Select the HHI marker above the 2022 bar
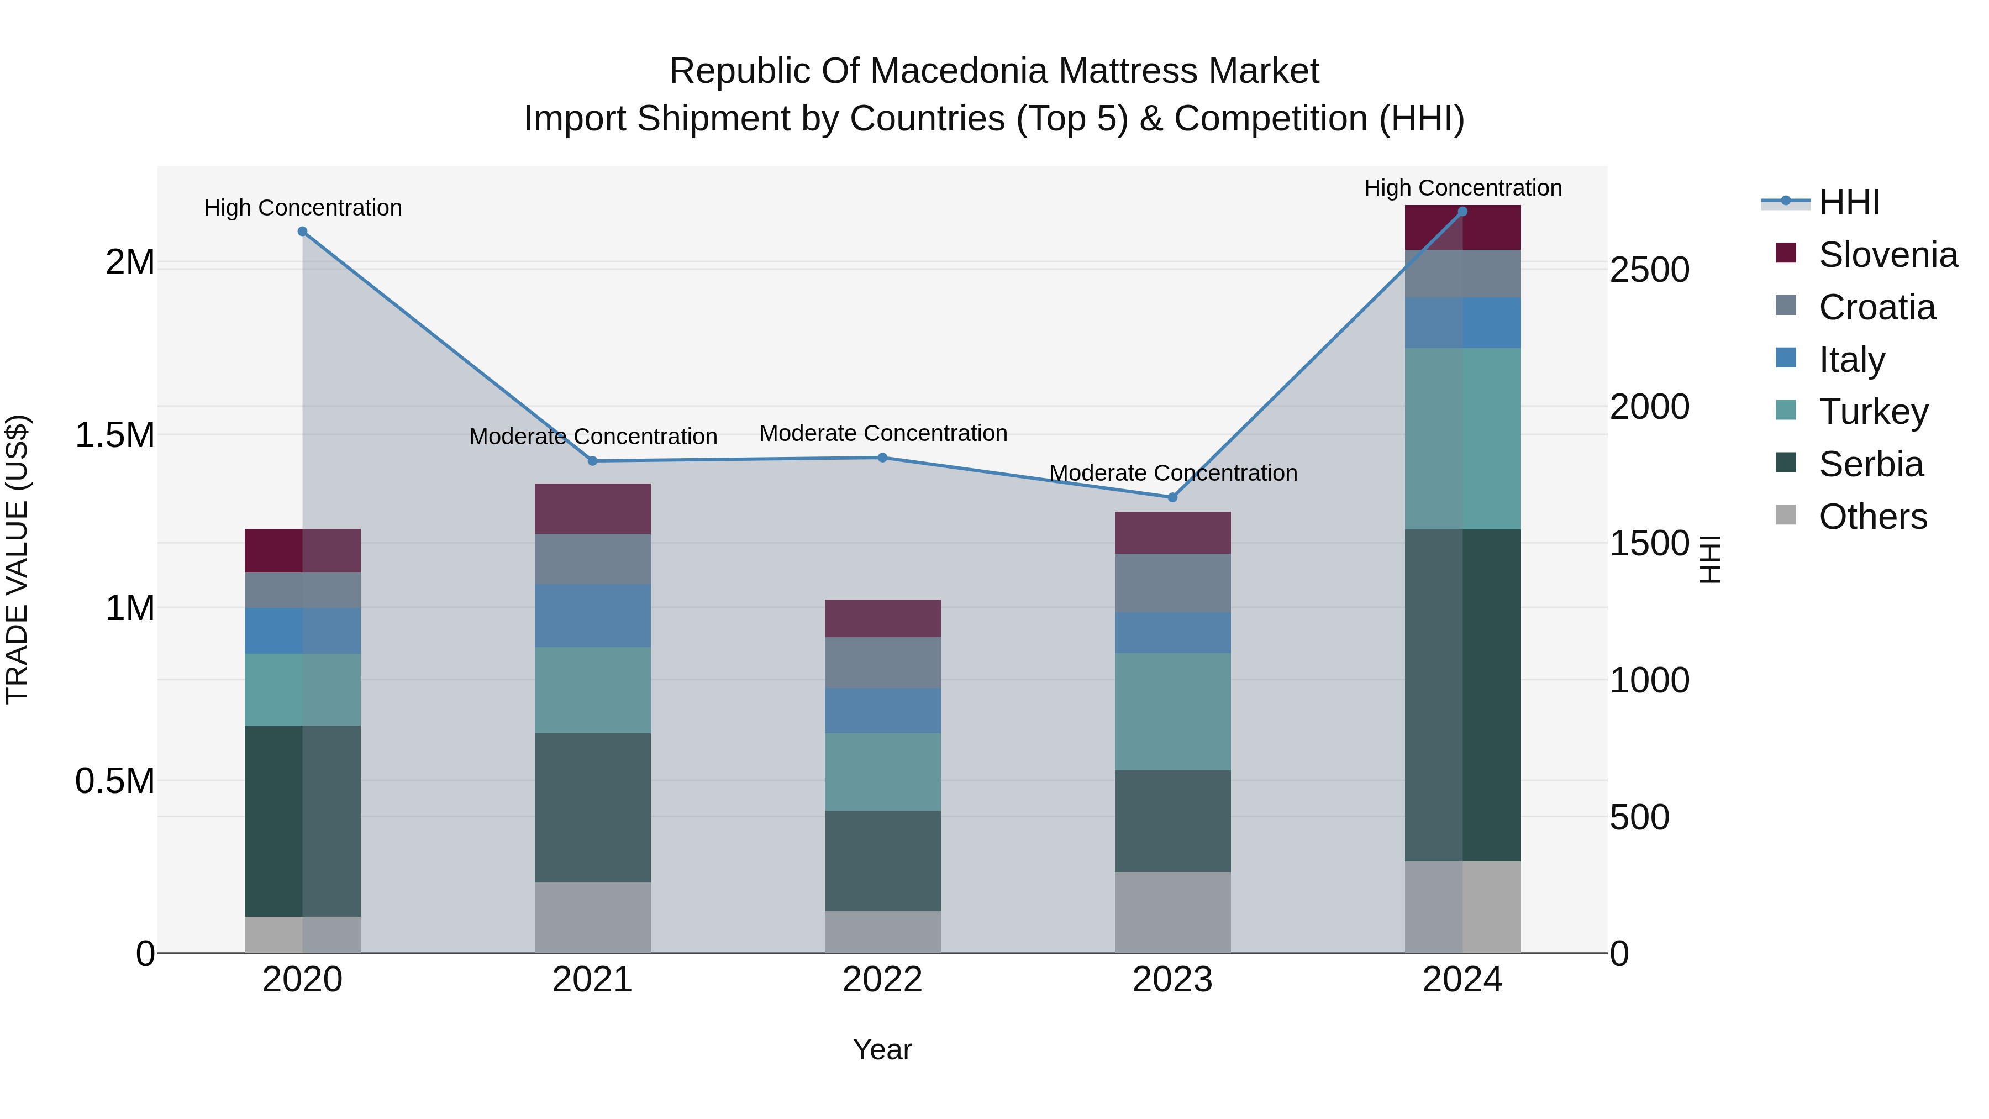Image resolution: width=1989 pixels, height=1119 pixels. [882, 458]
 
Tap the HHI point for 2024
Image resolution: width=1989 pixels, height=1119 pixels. [1462, 212]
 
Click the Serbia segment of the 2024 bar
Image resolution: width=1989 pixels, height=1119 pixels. [1462, 695]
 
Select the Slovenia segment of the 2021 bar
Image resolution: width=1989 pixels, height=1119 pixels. [592, 508]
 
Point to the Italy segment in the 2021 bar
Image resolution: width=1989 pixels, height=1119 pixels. [592, 616]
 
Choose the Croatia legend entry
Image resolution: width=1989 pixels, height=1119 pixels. [1876, 307]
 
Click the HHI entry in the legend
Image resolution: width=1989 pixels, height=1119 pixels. [1849, 202]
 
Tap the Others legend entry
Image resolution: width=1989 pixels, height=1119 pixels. [1872, 517]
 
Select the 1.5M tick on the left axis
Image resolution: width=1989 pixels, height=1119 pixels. [115, 435]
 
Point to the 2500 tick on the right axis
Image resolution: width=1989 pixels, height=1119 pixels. [1649, 270]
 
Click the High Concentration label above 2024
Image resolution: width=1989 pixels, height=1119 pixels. [1462, 188]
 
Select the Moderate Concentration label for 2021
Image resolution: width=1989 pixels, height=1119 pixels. [592, 437]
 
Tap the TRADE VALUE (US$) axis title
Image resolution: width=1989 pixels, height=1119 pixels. [17, 559]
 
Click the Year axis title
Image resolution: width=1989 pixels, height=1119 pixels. [882, 1049]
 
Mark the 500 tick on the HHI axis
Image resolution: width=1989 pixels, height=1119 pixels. [1639, 817]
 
